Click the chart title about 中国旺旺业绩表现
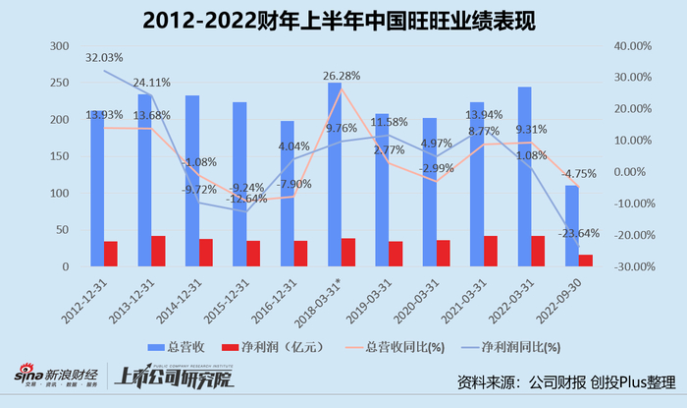[x=343, y=20]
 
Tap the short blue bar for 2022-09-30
[x=572, y=226]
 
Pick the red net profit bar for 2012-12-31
[x=111, y=254]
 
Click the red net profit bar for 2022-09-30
[x=586, y=261]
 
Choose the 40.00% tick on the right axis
[x=634, y=46]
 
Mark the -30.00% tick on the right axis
[x=633, y=266]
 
